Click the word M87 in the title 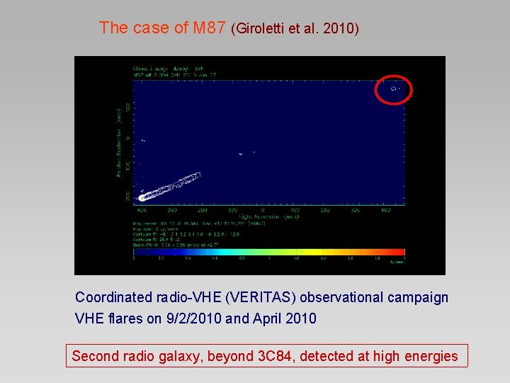coord(209,28)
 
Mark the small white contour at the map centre coord(242,153)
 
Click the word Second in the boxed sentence coord(96,356)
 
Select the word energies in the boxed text coord(431,356)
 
